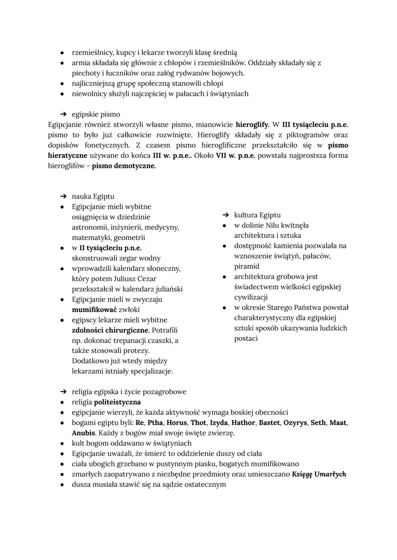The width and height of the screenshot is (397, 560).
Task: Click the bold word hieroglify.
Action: [x=252, y=124]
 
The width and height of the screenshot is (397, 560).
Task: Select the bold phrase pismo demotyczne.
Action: [x=124, y=166]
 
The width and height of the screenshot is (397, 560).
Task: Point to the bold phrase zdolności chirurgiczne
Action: [x=111, y=330]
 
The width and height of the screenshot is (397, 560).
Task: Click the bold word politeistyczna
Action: [x=117, y=402]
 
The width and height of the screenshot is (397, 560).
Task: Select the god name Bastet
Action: [x=269, y=423]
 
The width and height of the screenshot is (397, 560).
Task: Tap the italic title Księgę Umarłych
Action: [x=319, y=474]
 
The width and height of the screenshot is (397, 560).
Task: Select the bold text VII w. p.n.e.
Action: [x=235, y=155]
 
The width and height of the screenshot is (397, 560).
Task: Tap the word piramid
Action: [x=247, y=266]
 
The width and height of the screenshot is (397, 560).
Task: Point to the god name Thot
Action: [x=198, y=423]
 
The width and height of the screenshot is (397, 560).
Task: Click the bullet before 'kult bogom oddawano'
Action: [x=63, y=443]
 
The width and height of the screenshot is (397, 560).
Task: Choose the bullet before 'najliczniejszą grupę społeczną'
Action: [x=63, y=83]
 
